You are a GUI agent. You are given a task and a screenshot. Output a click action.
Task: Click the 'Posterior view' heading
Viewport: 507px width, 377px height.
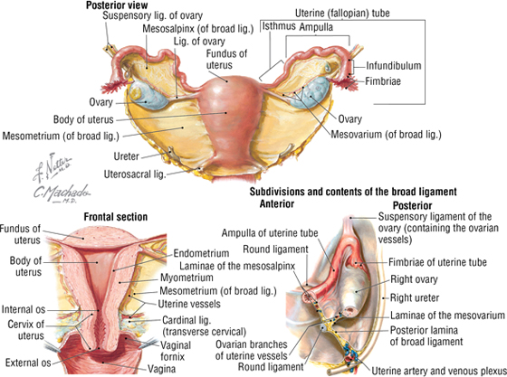[117, 5]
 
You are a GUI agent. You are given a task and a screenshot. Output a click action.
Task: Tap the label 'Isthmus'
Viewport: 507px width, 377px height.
[279, 26]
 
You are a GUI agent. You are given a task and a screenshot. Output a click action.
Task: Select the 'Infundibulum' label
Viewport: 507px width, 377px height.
[394, 65]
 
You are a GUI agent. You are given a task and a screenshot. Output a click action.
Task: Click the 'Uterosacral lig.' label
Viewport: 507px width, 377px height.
[135, 174]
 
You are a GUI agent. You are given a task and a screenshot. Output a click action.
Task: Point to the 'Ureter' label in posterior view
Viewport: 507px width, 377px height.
[127, 156]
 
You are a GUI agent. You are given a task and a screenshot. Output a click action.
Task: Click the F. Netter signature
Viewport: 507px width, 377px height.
[53, 167]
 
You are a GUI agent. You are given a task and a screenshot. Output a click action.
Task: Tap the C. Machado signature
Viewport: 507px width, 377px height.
[62, 193]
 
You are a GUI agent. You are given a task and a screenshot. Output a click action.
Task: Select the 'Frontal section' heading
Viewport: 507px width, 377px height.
[116, 217]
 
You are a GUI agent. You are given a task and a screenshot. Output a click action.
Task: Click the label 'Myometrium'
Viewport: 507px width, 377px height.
[187, 278]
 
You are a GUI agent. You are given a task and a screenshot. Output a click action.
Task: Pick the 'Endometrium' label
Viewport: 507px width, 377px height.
[201, 253]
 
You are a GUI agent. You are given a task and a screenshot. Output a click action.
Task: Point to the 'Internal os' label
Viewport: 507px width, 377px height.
[24, 309]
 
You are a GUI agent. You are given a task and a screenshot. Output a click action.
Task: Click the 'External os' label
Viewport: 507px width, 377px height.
[28, 363]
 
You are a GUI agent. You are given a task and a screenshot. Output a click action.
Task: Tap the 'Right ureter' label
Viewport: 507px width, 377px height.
[415, 297]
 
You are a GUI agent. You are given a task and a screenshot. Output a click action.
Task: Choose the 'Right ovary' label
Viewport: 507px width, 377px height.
[414, 279]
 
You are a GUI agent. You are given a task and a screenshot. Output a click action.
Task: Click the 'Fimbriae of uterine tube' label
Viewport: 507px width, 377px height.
[437, 262]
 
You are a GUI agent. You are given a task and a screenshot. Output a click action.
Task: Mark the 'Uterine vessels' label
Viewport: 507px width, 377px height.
[189, 304]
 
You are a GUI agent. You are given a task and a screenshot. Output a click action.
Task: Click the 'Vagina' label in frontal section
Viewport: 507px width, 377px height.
[162, 369]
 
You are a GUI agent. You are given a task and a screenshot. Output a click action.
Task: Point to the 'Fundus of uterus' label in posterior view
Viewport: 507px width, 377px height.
[226, 59]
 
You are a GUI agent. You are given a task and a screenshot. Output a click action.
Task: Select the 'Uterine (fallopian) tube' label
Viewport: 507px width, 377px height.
[342, 14]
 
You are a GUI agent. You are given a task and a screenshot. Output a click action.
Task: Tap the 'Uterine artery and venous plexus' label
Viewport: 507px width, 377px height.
[439, 372]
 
